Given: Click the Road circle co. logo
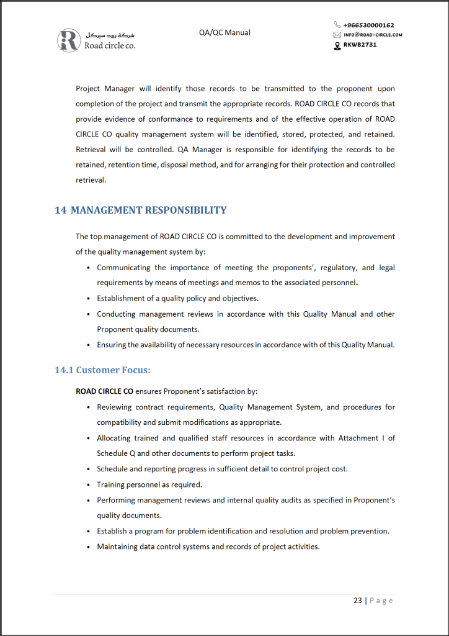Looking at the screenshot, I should (x=96, y=40).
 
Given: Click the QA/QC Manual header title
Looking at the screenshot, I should (x=225, y=32).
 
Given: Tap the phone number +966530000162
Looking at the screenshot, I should (x=368, y=25).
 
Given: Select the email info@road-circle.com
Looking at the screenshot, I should (x=373, y=35).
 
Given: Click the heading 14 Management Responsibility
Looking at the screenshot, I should (x=141, y=210).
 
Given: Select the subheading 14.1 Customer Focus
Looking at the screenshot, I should (x=102, y=370).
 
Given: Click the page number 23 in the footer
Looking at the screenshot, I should (x=358, y=601).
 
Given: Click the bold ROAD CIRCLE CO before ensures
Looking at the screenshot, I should (x=104, y=392).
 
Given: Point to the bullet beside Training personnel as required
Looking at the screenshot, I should (x=89, y=485).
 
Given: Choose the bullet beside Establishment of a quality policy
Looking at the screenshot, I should (x=89, y=299).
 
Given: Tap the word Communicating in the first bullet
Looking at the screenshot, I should (x=123, y=268).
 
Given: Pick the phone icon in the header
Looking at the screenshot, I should (x=337, y=25).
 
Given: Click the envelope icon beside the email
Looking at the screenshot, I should (x=337, y=35).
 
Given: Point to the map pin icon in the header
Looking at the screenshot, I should (x=337, y=45).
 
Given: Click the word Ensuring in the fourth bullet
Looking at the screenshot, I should (x=113, y=345).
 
